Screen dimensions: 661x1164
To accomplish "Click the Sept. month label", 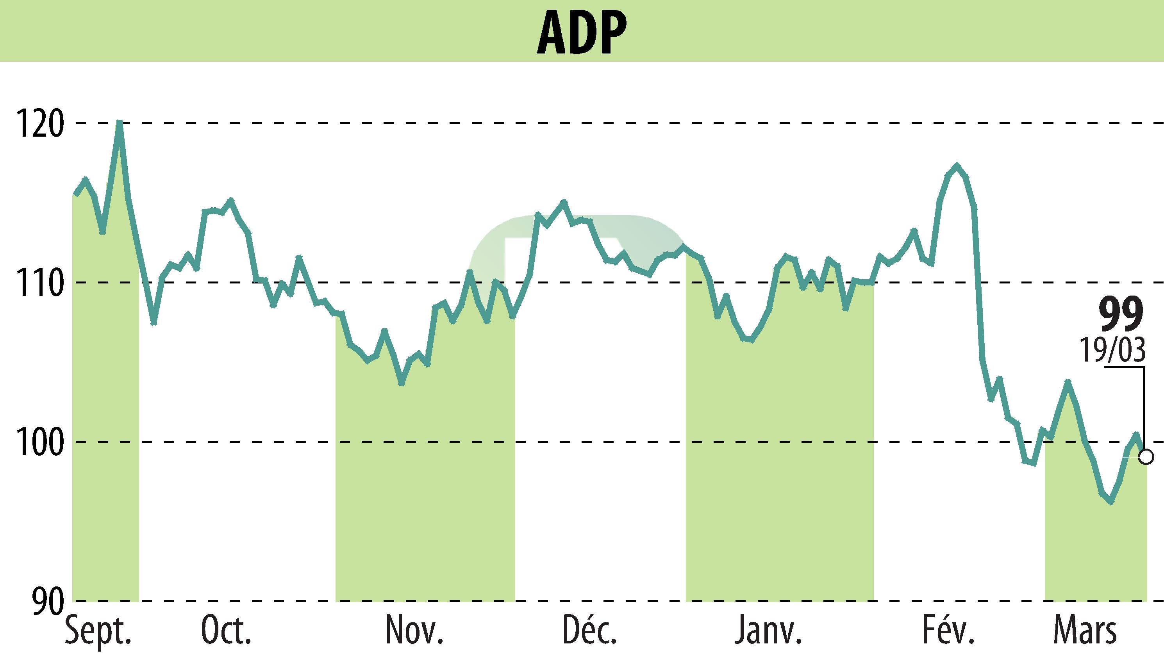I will [x=98, y=631].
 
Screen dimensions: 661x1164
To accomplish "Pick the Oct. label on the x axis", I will [x=226, y=631].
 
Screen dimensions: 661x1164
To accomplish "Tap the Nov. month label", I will [x=414, y=631].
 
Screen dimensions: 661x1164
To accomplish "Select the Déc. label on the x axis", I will [x=589, y=631].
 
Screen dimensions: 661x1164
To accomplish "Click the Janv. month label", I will [x=768, y=631].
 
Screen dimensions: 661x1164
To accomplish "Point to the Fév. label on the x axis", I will [x=948, y=631].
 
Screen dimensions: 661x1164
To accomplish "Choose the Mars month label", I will [x=1084, y=631].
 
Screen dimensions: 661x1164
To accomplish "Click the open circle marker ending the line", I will [x=1146, y=457].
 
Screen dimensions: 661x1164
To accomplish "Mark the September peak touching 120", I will [x=120, y=123].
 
